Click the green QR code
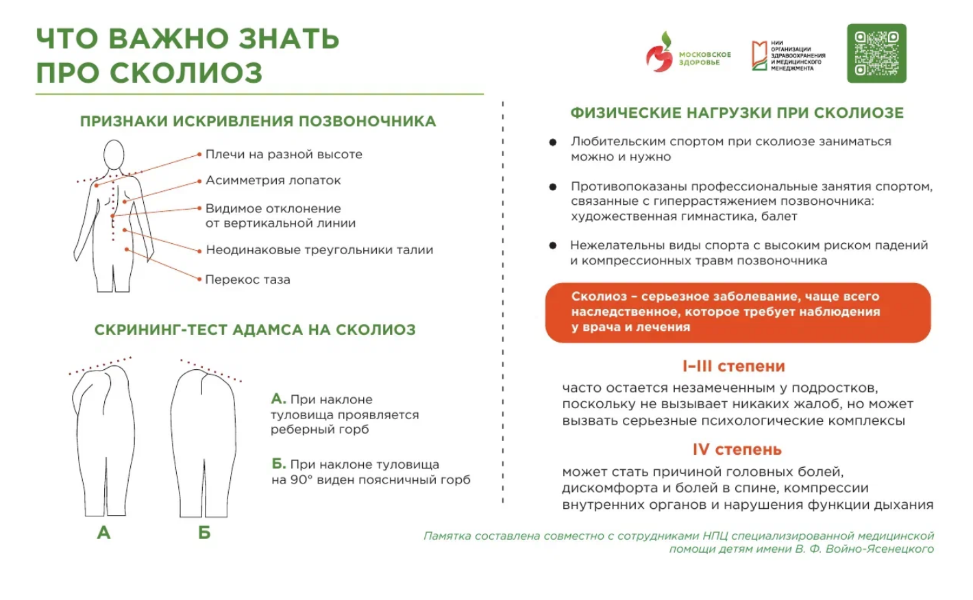click(x=876, y=53)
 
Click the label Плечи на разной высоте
click(x=284, y=154)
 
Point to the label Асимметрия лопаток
click(x=273, y=180)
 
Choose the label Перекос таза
click(x=247, y=279)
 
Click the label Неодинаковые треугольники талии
click(x=319, y=250)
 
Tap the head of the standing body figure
click(x=114, y=155)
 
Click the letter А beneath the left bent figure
click(x=103, y=532)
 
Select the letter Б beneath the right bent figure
click(x=204, y=532)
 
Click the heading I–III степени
click(x=734, y=366)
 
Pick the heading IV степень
click(x=737, y=449)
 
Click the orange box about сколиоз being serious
click(x=737, y=312)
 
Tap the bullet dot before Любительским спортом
click(x=552, y=142)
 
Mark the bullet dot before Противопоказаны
click(x=552, y=187)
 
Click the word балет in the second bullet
click(x=779, y=216)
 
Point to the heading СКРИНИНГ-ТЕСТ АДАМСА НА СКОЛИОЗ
click(x=255, y=330)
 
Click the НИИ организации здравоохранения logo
click(x=788, y=55)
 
